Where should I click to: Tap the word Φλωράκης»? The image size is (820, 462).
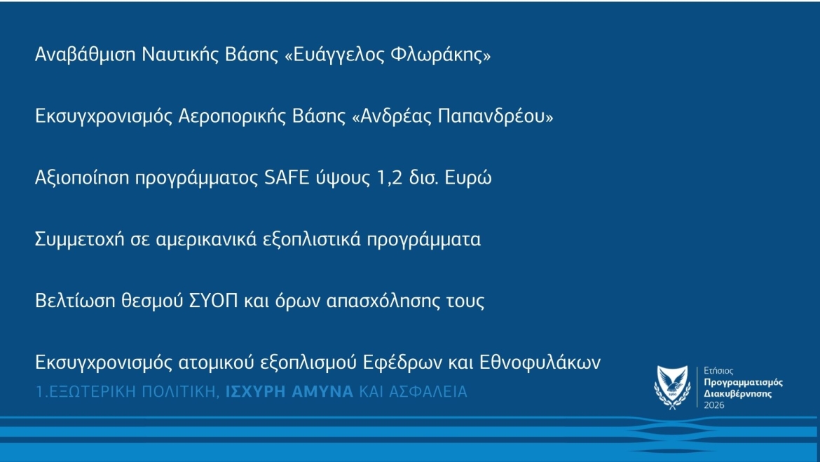point(440,55)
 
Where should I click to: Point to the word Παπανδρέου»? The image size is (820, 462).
point(496,116)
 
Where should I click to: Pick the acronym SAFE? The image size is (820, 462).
point(287,178)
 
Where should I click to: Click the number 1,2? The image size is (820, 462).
point(390,178)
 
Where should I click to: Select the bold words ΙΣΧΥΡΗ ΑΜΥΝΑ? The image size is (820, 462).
point(289,391)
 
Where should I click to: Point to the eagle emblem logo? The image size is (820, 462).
point(672,387)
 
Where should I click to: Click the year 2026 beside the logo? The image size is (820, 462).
point(714,405)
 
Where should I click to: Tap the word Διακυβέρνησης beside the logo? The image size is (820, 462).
point(737,394)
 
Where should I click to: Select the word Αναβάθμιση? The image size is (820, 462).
point(86,55)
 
